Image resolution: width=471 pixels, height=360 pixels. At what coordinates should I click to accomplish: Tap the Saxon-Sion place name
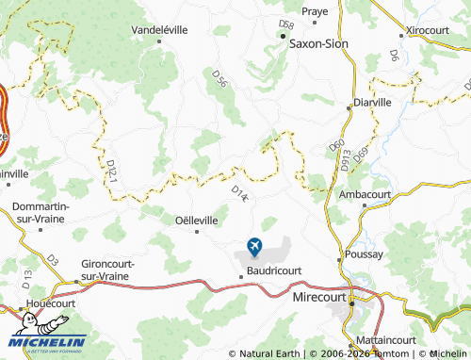click(318, 42)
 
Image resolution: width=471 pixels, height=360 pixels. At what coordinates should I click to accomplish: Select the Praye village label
click(315, 11)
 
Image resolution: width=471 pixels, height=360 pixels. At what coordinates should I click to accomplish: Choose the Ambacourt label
click(365, 193)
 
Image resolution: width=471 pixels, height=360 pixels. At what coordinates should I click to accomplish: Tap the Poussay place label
click(364, 254)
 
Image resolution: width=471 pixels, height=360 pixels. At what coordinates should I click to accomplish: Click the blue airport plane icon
click(254, 247)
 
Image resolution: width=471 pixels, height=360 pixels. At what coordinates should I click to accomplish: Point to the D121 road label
click(111, 170)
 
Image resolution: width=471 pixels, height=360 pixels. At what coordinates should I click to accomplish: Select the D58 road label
click(287, 24)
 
